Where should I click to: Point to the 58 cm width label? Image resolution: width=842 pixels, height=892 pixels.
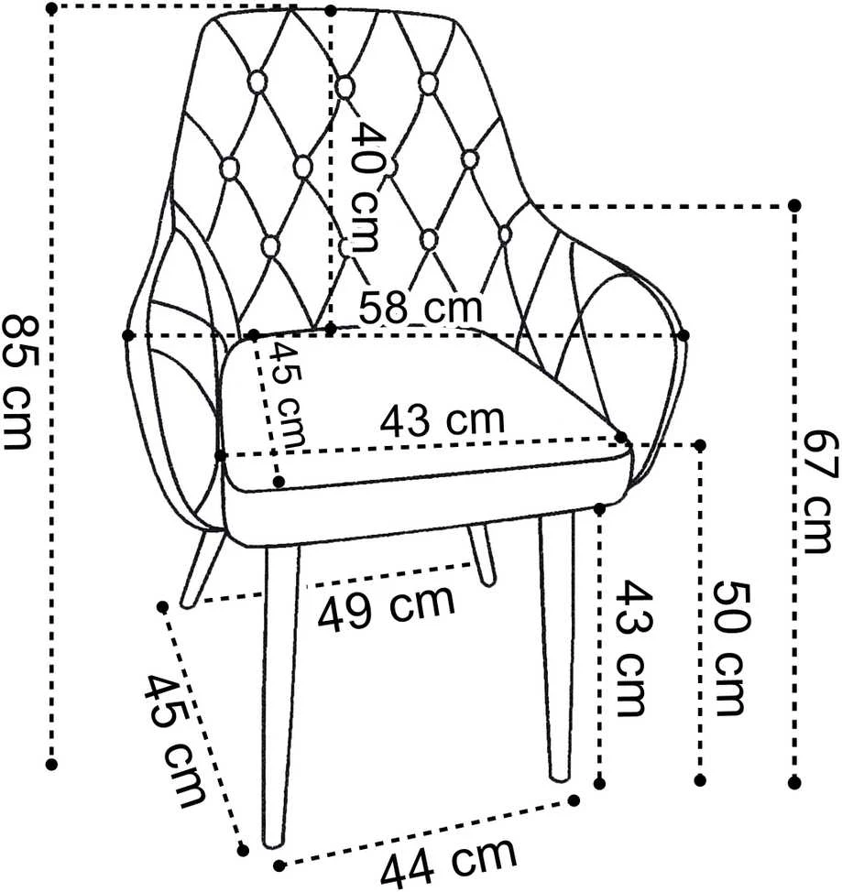coord(421,307)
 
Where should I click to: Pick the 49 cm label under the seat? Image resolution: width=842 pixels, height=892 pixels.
coord(386,607)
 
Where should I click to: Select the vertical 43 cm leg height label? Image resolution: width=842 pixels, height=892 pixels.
coord(631,648)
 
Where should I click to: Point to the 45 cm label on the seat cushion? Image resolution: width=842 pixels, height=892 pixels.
coord(288,394)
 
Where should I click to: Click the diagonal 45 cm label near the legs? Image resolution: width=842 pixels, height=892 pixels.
coord(175,741)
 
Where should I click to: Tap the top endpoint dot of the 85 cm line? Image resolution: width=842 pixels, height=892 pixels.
coord(51,8)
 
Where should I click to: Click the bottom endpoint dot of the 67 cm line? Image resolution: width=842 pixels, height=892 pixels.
coord(794,783)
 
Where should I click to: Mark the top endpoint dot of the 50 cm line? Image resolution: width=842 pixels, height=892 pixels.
coord(700,445)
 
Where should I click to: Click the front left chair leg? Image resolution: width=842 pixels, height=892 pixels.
coord(280,697)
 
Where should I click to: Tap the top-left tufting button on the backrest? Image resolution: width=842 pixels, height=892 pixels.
coord(257,82)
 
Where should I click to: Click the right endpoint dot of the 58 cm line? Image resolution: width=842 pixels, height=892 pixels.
coord(683,335)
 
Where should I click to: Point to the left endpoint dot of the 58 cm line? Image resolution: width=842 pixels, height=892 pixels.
coord(128,335)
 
